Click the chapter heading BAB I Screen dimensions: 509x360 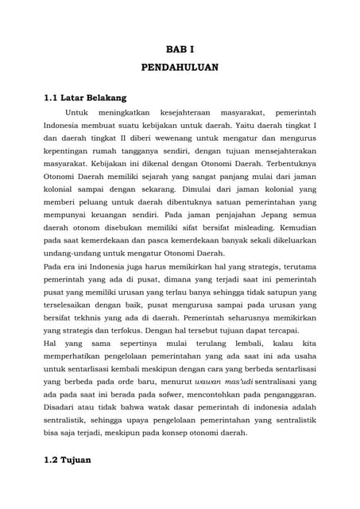[180, 49]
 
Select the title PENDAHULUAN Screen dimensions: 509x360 [180, 68]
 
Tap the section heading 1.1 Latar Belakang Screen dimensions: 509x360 [85, 98]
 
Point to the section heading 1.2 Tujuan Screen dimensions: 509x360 [68, 460]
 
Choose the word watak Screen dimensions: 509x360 [165, 405]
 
